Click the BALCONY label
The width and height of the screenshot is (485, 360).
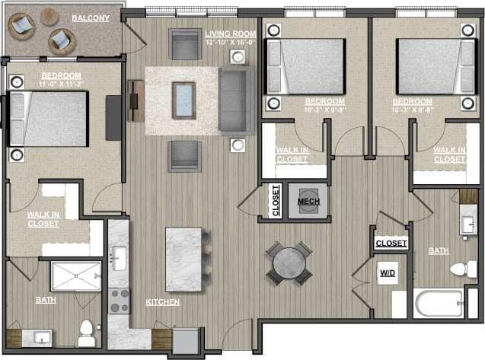click(x=90, y=18)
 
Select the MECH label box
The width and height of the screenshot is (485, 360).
click(x=308, y=201)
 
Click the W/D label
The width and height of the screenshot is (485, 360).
click(x=387, y=272)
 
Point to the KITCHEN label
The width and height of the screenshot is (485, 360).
click(x=163, y=302)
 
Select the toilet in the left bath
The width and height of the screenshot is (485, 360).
click(x=85, y=330)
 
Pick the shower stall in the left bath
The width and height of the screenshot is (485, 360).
click(x=75, y=276)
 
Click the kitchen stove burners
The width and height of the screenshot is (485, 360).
click(x=119, y=300)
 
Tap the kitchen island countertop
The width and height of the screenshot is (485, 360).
click(x=183, y=257)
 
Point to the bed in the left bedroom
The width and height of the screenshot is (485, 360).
click(x=49, y=119)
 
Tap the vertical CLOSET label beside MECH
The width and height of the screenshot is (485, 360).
click(x=276, y=202)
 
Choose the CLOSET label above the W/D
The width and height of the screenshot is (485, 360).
click(x=391, y=244)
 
